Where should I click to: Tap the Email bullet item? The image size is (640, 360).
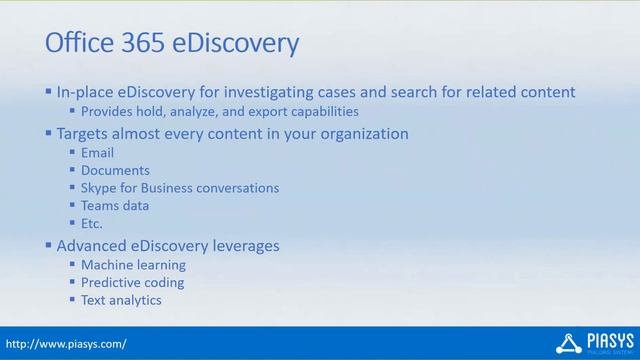coord(97,153)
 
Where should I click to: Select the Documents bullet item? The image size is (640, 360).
coord(115,171)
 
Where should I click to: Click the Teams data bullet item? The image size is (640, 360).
coord(115,206)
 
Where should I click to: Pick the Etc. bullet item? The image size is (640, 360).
coord(92,223)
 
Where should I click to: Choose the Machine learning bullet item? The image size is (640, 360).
coord(133,265)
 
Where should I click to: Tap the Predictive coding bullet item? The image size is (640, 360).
coord(132,282)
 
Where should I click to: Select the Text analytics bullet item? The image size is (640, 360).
coord(121,300)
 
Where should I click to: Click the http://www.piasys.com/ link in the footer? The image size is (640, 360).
coord(65,344)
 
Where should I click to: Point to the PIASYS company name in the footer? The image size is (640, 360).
coord(606,340)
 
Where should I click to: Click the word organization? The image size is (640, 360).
coord(362,133)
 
